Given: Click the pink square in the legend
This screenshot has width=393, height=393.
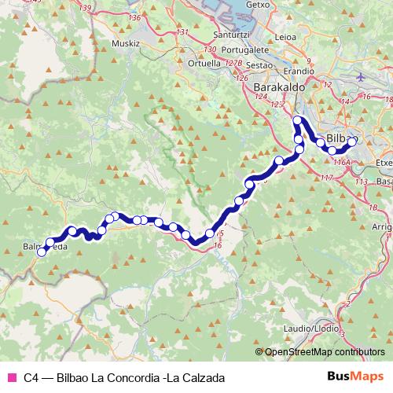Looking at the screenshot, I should [10, 376].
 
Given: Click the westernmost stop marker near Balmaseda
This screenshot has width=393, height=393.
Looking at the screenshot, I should [42, 252].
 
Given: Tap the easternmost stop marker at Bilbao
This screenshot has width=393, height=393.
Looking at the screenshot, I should [353, 141].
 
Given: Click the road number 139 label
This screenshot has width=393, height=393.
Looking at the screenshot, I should [86, 7].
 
